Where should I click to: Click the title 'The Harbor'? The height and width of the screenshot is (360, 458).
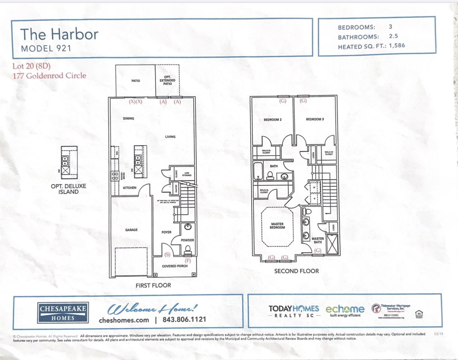tap(59, 34)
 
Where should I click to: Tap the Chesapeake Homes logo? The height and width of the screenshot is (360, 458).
tap(63, 313)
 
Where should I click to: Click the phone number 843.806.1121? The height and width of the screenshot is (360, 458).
tap(184, 319)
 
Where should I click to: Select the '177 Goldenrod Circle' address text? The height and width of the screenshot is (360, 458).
tap(49, 76)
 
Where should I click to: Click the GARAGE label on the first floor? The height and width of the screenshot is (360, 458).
tap(131, 230)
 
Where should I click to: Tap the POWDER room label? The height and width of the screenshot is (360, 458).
tap(187, 240)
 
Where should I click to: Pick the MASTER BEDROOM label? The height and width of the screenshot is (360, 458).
tap(277, 226)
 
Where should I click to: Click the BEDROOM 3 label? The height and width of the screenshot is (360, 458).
tap(315, 119)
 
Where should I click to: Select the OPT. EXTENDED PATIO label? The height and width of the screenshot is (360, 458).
tap(167, 80)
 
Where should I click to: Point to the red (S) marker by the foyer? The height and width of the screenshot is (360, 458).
tap(167, 255)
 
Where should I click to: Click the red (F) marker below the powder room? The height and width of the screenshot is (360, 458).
tap(188, 261)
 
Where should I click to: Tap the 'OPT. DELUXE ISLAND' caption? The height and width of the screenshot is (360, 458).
tap(69, 189)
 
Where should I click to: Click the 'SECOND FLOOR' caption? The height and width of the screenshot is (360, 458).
tap(296, 271)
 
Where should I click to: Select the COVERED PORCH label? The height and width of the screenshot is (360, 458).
tap(174, 266)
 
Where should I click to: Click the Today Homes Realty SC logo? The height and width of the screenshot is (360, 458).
tap(293, 311)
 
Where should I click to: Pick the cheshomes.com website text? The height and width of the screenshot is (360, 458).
tap(124, 320)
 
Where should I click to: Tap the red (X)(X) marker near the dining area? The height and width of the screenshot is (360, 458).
tap(136, 102)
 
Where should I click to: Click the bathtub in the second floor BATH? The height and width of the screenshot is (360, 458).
tap(258, 171)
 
